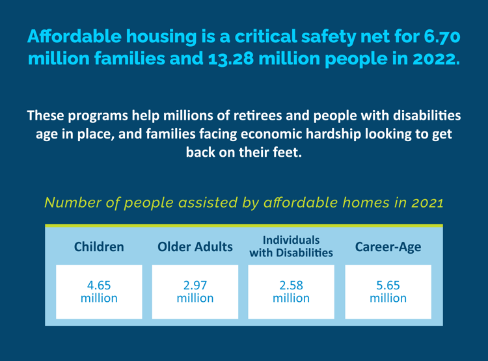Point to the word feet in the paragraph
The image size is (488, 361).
[288, 155]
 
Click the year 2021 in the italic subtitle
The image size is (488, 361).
[426, 202]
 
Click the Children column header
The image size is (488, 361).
[99, 247]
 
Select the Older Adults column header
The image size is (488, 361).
[195, 247]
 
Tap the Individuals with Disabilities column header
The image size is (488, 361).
[291, 246]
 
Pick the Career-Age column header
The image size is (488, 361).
[388, 247]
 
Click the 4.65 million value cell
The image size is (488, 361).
[99, 291]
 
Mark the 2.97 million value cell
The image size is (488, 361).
[195, 291]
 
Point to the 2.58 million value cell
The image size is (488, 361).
[291, 291]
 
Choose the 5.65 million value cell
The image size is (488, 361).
[388, 291]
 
